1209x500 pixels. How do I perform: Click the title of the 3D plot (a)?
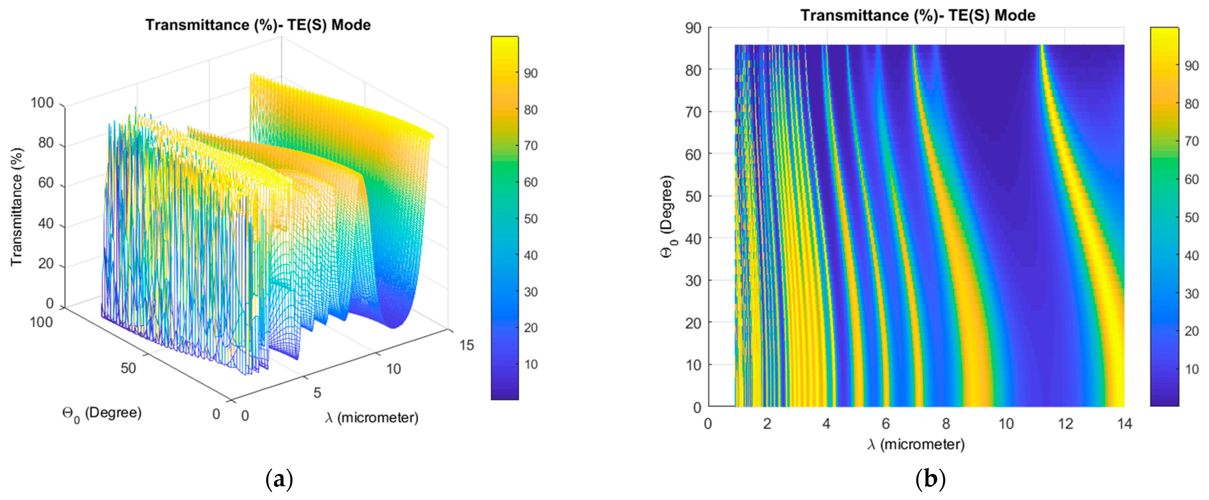[258, 25]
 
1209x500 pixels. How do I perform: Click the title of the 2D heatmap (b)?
[917, 16]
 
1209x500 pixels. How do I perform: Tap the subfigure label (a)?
[279, 480]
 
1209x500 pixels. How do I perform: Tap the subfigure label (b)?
[930, 480]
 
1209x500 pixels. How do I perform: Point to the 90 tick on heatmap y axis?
[693, 28]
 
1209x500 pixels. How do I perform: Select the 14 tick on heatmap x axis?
[1124, 424]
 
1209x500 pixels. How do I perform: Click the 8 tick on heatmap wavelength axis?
[946, 424]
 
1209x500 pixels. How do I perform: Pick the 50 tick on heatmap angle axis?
[693, 196]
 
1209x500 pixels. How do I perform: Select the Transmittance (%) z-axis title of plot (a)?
[17, 207]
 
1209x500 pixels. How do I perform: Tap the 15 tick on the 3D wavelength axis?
[467, 345]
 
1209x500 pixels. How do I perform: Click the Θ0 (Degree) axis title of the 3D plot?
[101, 414]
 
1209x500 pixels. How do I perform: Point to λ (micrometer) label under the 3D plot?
[371, 418]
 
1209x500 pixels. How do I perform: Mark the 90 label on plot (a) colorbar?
[531, 73]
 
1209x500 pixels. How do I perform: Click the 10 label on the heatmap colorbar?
[1192, 369]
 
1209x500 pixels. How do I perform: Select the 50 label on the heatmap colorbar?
[1192, 218]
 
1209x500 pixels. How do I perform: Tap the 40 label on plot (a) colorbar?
[531, 256]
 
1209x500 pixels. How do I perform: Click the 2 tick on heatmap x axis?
[767, 424]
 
